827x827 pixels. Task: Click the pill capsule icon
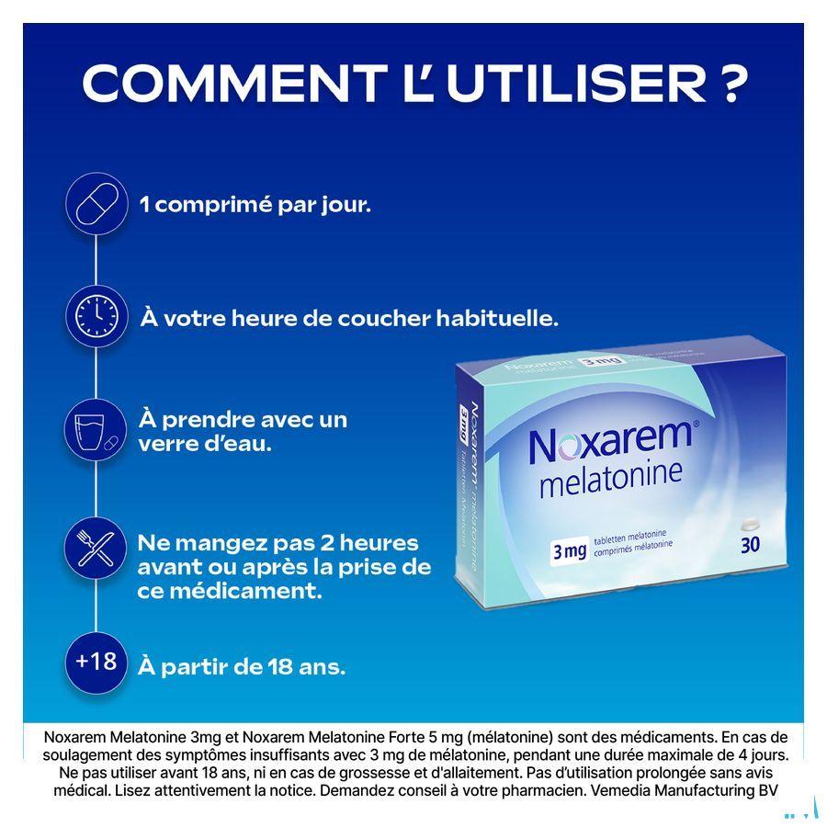[96, 204]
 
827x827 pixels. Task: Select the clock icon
[96, 316]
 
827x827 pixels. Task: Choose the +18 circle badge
[96, 661]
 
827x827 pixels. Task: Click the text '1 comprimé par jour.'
[255, 204]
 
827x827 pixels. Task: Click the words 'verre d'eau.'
[205, 444]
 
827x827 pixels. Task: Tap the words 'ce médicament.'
[230, 591]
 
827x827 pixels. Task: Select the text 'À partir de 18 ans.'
[242, 666]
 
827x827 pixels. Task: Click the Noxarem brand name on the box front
[607, 442]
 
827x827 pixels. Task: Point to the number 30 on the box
[750, 544]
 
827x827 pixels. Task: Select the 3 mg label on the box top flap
[600, 362]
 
